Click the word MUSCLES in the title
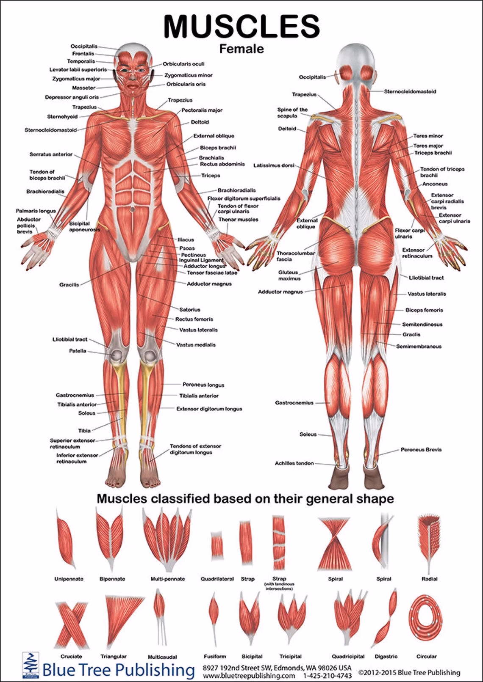(242, 26)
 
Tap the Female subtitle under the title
(241, 49)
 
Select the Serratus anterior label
(51, 154)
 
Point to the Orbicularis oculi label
(183, 64)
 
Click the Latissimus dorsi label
(274, 165)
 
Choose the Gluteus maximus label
(289, 275)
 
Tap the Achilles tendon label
(294, 463)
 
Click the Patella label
(78, 351)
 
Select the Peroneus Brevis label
(421, 449)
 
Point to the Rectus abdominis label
(222, 164)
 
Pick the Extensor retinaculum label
(417, 253)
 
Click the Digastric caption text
(386, 657)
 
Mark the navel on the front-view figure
(132, 209)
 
